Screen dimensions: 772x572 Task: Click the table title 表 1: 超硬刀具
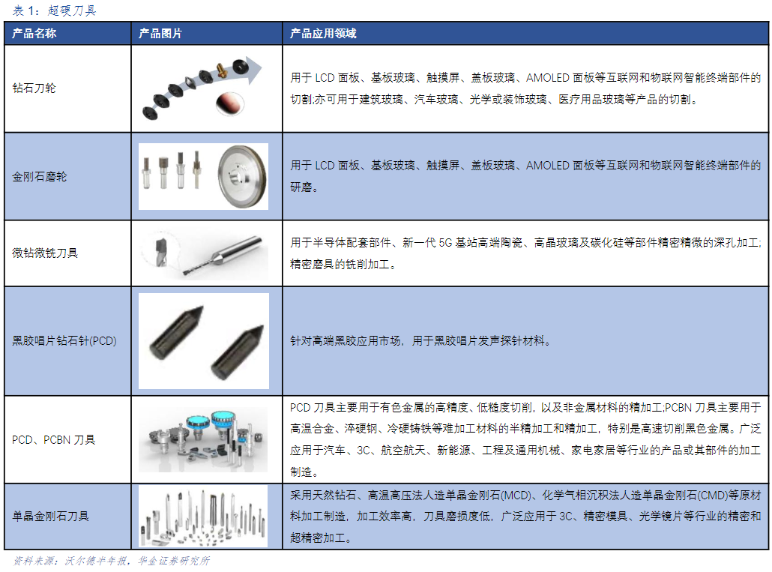54,10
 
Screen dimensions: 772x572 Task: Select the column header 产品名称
34,34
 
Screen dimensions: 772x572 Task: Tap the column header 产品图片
160,34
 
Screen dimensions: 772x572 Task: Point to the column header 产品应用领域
323,34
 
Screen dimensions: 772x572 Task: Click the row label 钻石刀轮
34,88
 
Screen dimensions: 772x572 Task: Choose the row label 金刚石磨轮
40,176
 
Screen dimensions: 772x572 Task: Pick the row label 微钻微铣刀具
45,253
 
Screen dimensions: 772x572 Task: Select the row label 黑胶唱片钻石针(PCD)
64,340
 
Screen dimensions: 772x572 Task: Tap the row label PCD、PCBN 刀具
53,439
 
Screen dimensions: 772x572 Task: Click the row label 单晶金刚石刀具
50,516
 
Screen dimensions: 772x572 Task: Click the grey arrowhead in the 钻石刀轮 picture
254,70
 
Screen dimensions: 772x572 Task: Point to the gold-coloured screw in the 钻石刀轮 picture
221,70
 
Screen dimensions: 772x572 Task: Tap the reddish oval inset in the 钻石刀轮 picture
230,103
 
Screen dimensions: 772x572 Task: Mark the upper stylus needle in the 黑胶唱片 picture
176,329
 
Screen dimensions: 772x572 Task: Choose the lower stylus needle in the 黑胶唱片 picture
238,352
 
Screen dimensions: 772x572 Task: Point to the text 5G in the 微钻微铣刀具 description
445,243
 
